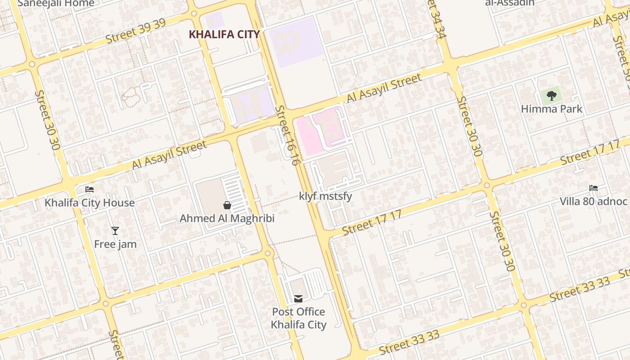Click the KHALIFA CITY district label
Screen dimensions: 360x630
[224, 34]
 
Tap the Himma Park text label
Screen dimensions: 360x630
[551, 109]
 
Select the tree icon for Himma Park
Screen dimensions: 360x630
[551, 95]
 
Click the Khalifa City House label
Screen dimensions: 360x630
[90, 202]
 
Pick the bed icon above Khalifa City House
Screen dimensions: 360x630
[90, 189]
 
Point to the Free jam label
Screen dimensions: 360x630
[115, 244]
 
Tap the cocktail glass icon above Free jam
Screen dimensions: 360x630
[115, 231]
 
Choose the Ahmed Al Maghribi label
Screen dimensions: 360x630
[227, 218]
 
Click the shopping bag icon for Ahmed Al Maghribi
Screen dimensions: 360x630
[227, 205]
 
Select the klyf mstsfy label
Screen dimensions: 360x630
[325, 196]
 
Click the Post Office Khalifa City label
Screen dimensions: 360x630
[298, 318]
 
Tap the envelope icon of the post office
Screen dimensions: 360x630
[298, 298]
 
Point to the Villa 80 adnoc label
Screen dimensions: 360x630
[594, 201]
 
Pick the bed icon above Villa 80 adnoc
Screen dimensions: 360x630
[594, 188]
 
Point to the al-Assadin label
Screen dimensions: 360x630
[510, 3]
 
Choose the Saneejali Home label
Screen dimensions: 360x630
[56, 4]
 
